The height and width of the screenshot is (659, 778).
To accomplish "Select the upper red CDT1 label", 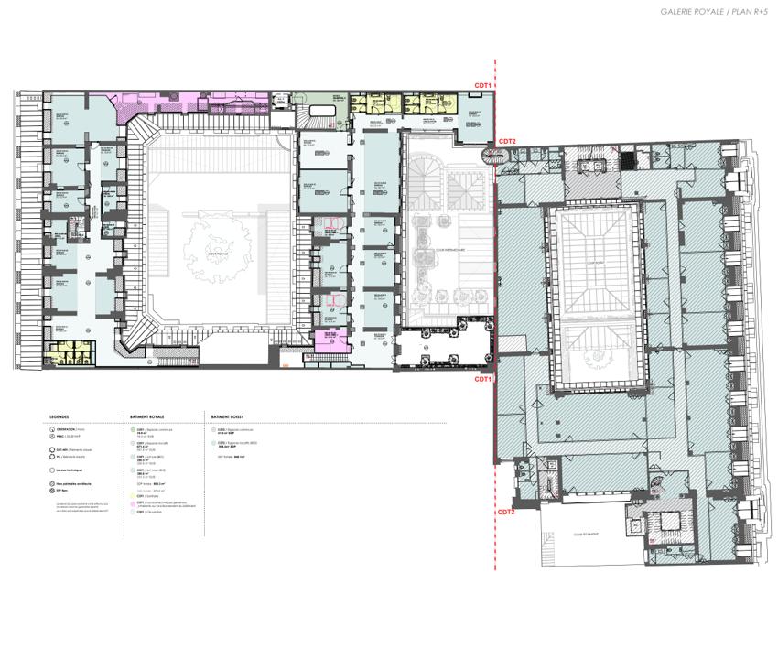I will tap(483, 85).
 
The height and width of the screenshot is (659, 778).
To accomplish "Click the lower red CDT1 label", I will tap(482, 378).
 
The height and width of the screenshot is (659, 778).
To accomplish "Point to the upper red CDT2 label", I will tap(507, 141).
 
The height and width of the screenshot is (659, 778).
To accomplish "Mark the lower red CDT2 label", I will tap(506, 512).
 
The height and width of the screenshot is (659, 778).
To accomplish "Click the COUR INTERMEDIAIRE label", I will tap(449, 248).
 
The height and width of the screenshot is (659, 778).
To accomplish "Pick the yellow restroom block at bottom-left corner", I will tap(65, 352).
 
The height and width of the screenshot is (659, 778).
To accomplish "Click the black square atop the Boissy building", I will tap(627, 161).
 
